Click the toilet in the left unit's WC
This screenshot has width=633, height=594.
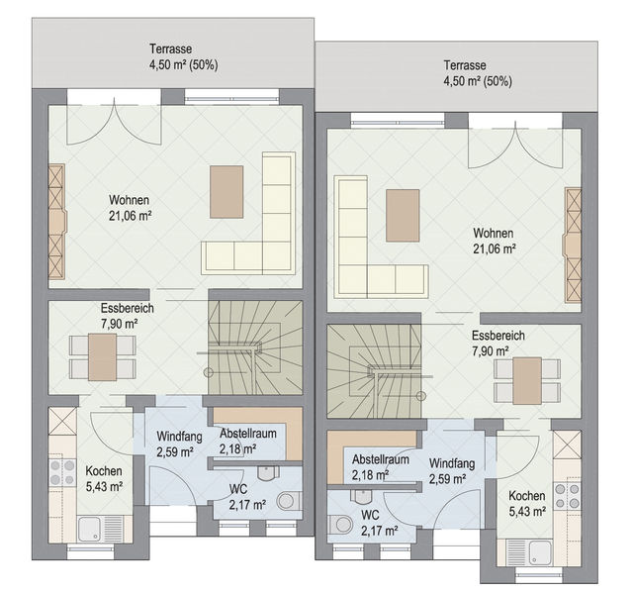coord(289,501)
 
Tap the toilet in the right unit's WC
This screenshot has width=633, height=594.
coord(340,525)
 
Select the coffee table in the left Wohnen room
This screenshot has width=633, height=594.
coord(226,191)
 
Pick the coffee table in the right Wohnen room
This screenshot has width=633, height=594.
coord(403,216)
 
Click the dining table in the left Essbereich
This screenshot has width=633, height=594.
coord(102,356)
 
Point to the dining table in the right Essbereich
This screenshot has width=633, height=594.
coord(527,380)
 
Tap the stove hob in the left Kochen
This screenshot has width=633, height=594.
coord(62,473)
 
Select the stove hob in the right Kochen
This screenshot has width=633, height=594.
coord(567,496)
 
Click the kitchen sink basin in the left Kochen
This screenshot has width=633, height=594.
coord(91,529)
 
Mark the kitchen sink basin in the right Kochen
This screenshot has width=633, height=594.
coord(539,552)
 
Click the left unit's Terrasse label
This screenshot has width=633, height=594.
coord(170,49)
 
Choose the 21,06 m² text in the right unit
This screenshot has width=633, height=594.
coord(495,248)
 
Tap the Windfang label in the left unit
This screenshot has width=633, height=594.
coord(179,436)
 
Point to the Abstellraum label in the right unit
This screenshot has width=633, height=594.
coord(380,459)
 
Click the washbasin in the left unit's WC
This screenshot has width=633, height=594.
coord(268,473)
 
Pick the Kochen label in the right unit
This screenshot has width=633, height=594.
coord(527,495)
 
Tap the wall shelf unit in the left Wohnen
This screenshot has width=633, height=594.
coord(56,222)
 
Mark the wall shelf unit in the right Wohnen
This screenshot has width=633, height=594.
coord(573,245)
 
